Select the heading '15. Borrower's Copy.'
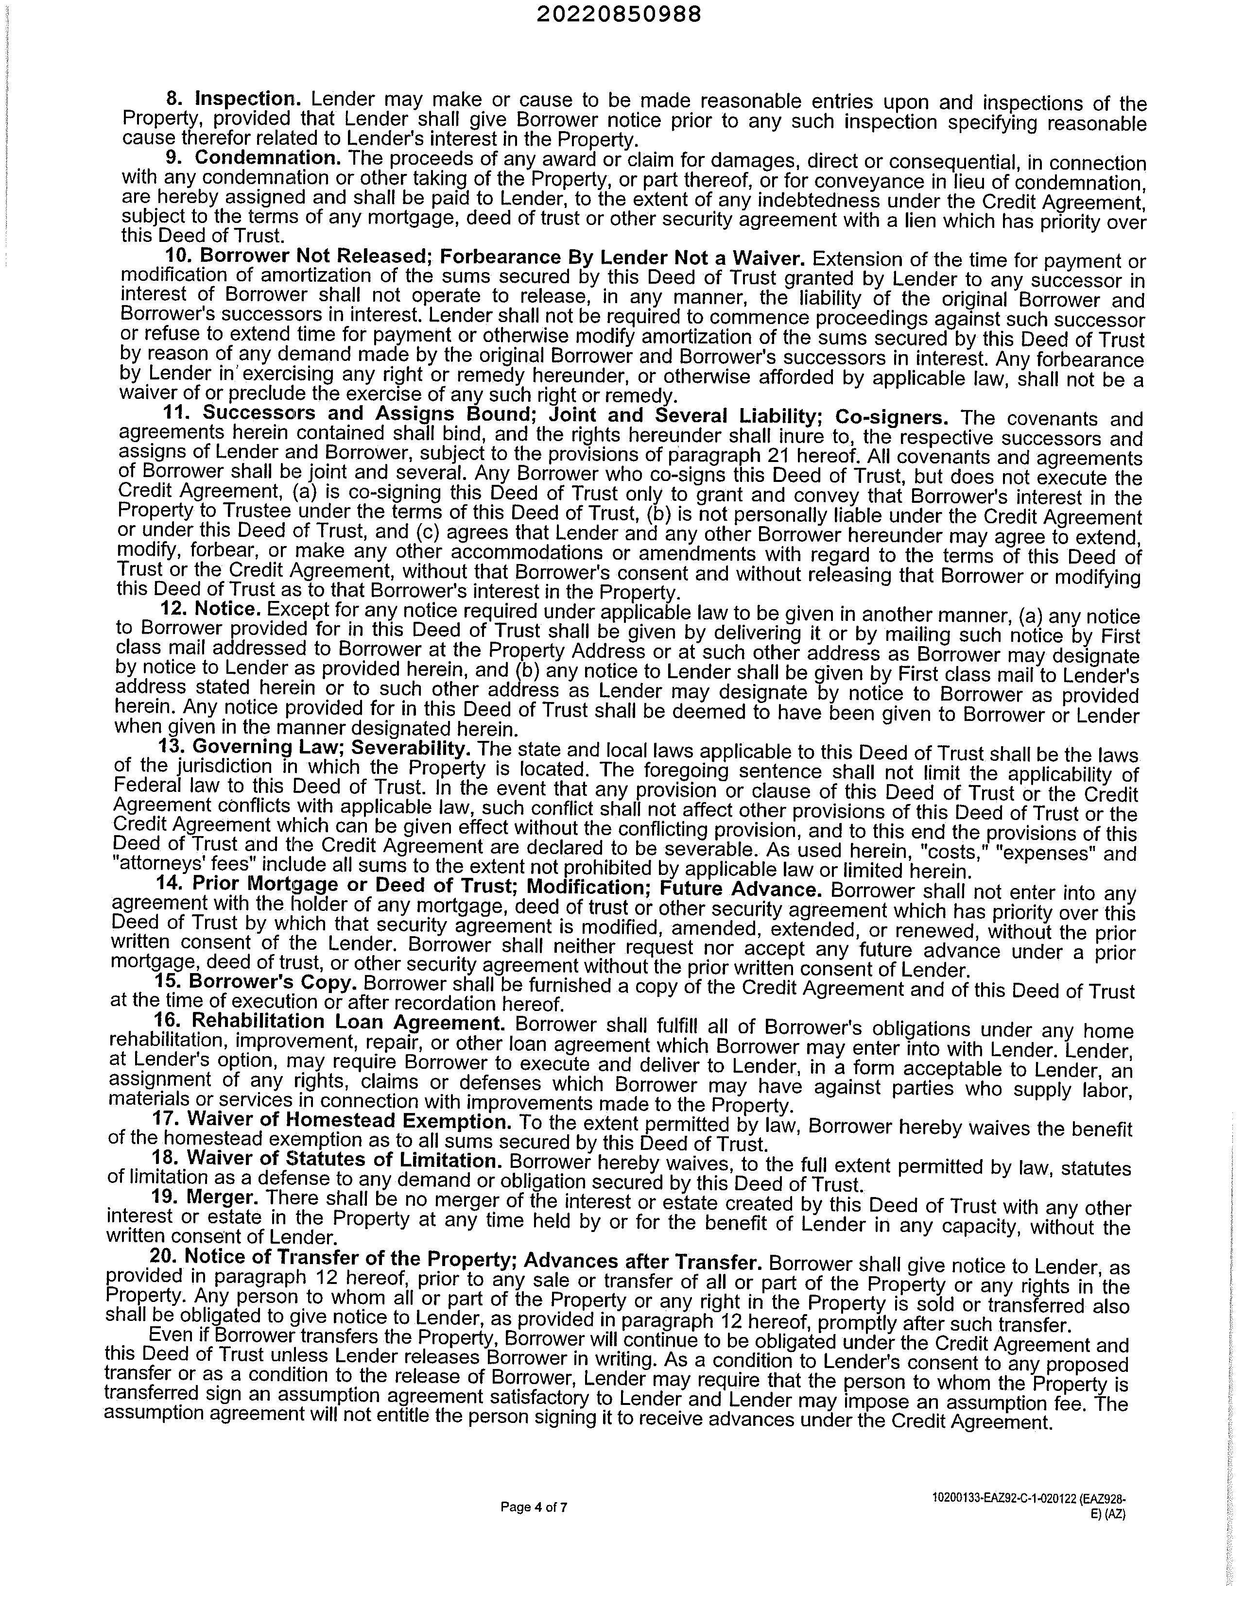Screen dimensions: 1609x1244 (x=257, y=982)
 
